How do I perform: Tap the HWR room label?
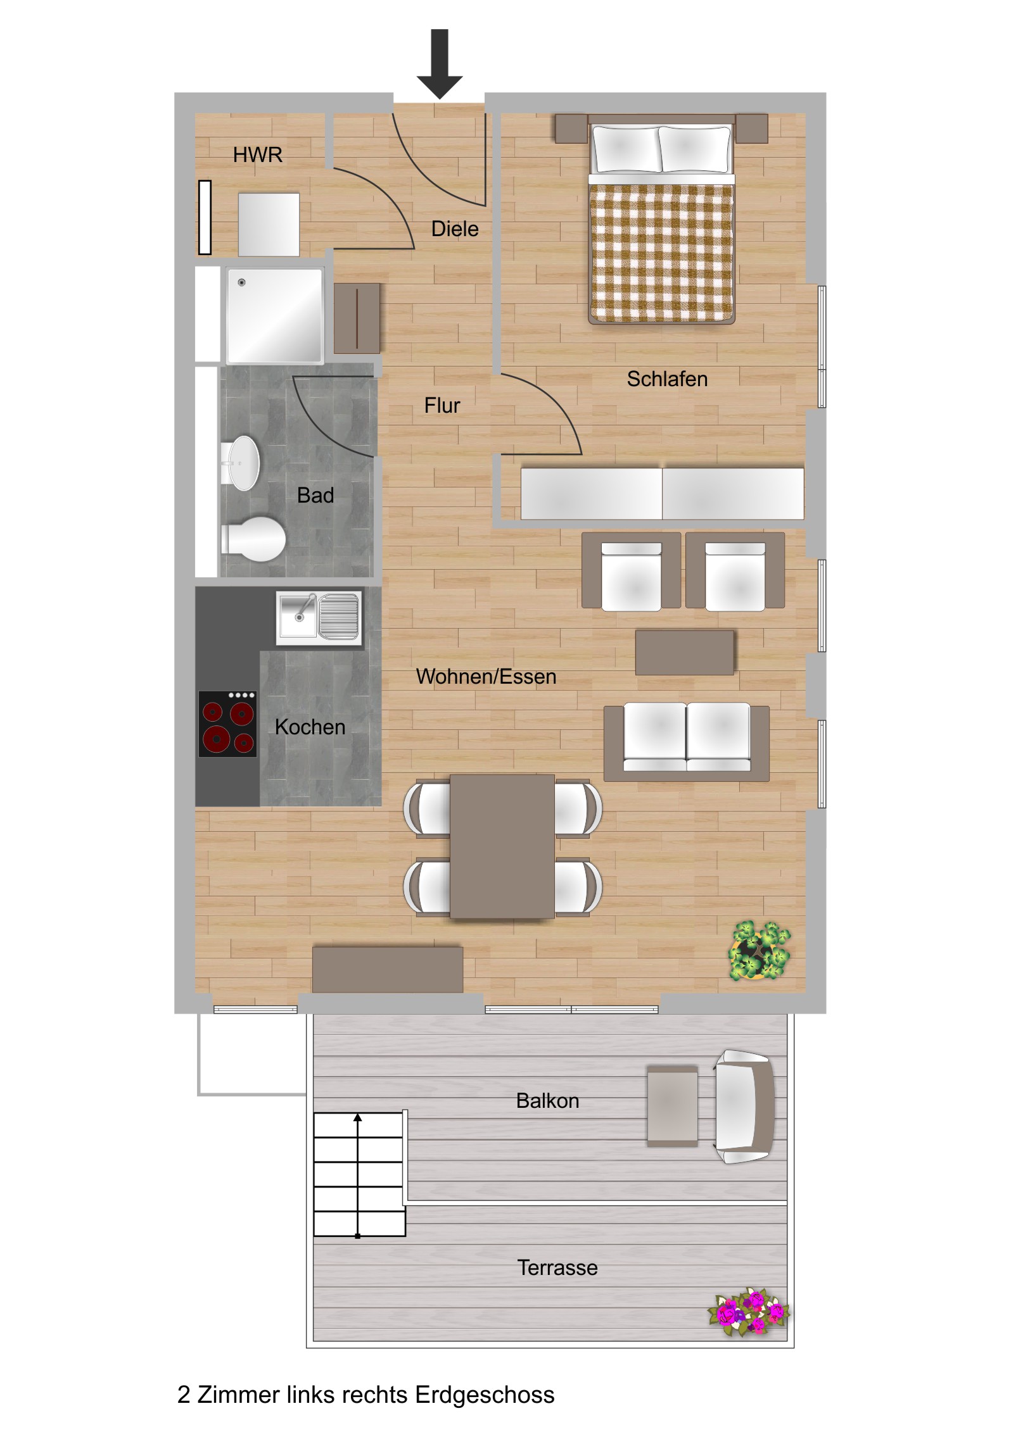click(x=257, y=154)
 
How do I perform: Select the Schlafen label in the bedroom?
click(x=666, y=379)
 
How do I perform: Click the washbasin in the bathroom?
click(x=243, y=463)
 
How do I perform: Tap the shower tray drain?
click(x=241, y=282)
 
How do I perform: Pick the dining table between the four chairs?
click(x=502, y=846)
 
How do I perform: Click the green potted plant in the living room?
click(x=759, y=951)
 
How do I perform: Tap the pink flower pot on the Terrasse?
click(x=749, y=1312)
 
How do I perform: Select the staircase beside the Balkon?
click(x=359, y=1174)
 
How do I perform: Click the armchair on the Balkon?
click(x=742, y=1107)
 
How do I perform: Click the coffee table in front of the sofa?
click(x=684, y=652)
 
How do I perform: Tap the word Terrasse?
click(x=557, y=1267)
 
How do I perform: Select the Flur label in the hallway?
click(x=442, y=405)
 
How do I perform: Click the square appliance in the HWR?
click(x=269, y=225)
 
